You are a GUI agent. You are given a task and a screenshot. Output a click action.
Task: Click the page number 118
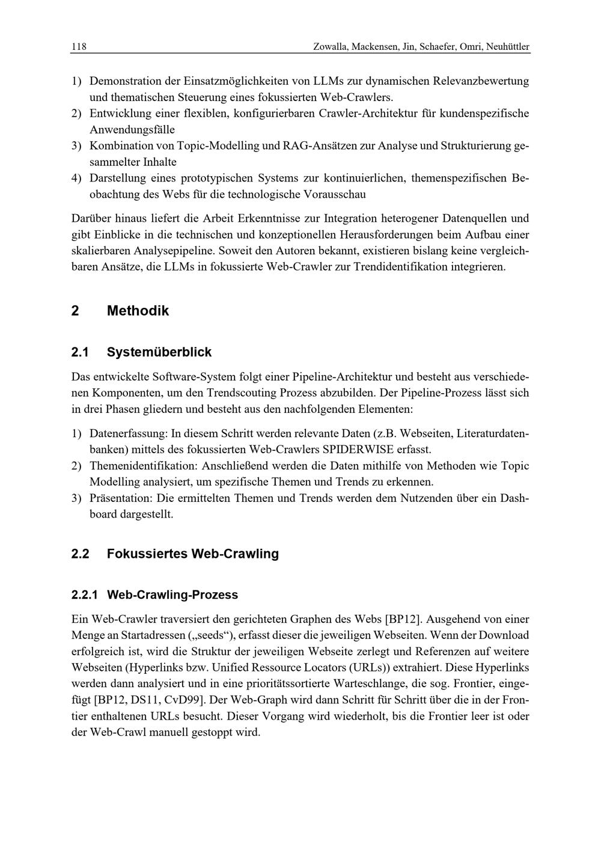[79, 46]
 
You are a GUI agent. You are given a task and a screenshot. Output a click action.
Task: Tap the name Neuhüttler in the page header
[507, 46]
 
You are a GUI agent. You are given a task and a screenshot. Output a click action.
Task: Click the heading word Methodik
[138, 311]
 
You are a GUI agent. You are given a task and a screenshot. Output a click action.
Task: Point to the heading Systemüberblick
[159, 352]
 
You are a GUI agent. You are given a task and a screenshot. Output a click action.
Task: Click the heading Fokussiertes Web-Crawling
[192, 554]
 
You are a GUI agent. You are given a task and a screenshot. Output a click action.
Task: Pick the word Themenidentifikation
[142, 465]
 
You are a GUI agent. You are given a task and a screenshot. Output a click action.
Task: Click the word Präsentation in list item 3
[121, 498]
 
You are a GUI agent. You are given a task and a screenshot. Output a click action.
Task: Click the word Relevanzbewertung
[481, 81]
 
